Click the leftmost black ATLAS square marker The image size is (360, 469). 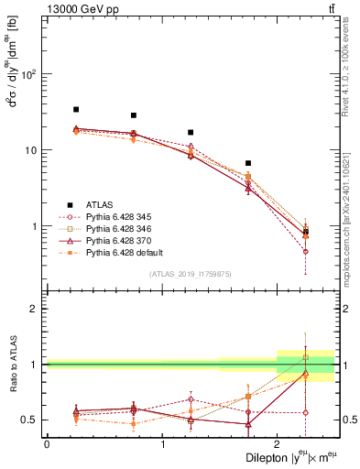point(76,109)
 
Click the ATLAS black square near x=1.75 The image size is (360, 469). point(248,163)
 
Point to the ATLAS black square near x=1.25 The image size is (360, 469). point(191,132)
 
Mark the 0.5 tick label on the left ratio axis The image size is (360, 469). point(31,420)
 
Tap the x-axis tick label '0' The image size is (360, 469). point(47,444)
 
